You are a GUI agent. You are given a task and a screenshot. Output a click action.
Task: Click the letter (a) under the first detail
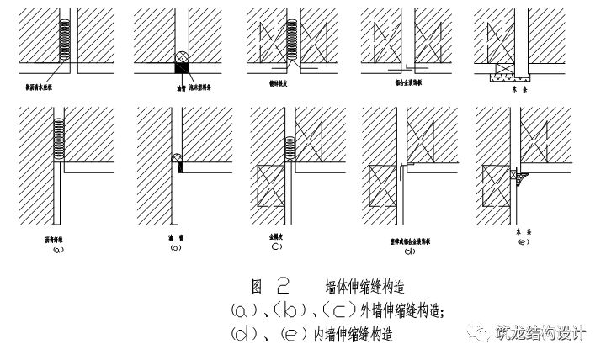pyautogui.click(x=57, y=250)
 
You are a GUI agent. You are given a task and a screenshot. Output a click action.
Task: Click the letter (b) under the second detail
pyautogui.click(x=174, y=249)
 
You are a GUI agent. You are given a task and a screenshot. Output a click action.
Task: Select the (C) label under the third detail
pyautogui.click(x=276, y=247)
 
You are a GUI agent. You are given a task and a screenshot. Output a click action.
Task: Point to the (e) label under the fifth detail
pyautogui.click(x=524, y=242)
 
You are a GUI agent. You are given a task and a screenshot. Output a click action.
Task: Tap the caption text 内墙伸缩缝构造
pyautogui.click(x=353, y=334)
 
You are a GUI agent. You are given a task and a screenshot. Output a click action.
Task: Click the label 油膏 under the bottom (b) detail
pyautogui.click(x=175, y=239)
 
